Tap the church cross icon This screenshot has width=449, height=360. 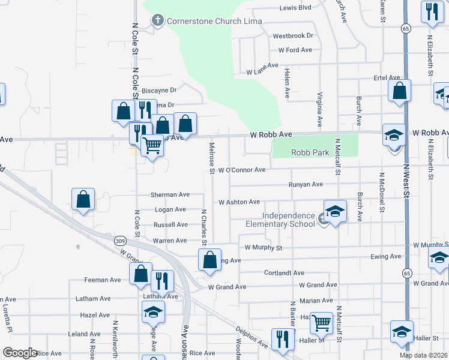click(x=158, y=21)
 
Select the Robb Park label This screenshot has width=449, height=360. click(x=310, y=152)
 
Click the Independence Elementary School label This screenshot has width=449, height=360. click(x=288, y=220)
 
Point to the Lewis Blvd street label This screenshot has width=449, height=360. click(x=295, y=8)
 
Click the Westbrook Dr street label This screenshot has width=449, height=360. click(x=293, y=36)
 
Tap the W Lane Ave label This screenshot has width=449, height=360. click(x=262, y=71)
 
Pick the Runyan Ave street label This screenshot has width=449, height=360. click(x=306, y=184)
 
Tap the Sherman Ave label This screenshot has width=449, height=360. click(x=170, y=194)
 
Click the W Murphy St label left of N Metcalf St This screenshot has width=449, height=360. click(x=264, y=247)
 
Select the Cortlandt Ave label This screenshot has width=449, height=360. click(x=285, y=272)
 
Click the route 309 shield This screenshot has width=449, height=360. click(x=120, y=241)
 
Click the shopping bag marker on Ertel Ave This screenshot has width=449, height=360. click(x=399, y=92)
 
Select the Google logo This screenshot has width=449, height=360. click(x=20, y=353)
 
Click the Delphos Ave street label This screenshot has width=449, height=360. click(x=251, y=337)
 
